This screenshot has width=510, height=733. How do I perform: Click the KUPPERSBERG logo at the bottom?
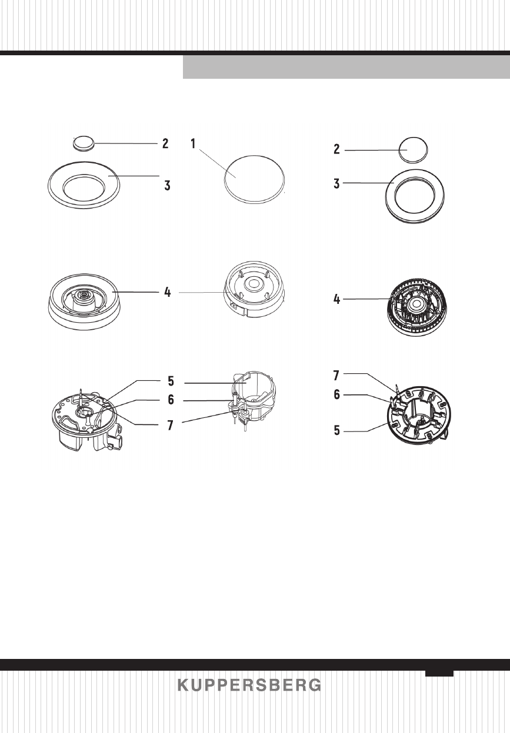(249, 685)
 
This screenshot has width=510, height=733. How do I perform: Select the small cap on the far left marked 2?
(83, 142)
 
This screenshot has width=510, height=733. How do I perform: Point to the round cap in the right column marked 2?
(414, 150)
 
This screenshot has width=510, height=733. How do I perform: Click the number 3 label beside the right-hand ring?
(336, 183)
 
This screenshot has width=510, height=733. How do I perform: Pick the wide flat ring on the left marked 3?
(84, 188)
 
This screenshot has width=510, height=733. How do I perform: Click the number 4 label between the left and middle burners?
(168, 292)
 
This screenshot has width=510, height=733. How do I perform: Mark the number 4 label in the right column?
(336, 300)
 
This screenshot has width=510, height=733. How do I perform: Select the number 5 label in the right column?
(336, 430)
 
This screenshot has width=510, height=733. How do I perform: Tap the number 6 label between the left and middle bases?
(171, 400)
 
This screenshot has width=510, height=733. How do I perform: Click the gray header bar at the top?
(346, 67)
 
